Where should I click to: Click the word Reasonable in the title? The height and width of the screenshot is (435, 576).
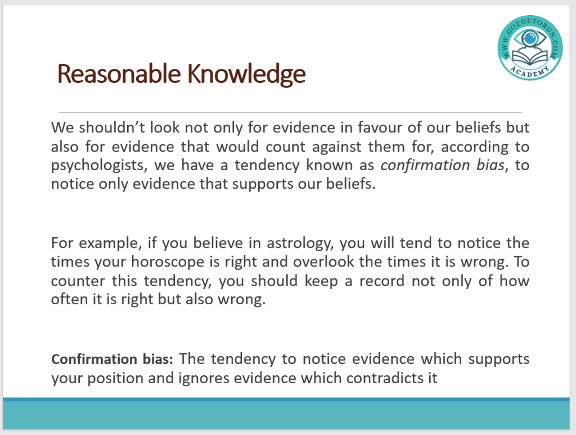coord(119,74)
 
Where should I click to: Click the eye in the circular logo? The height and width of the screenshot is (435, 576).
coord(530,38)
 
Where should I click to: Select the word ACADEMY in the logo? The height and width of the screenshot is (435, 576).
coord(530,72)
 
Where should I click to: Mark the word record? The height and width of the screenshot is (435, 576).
coord(382,281)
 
